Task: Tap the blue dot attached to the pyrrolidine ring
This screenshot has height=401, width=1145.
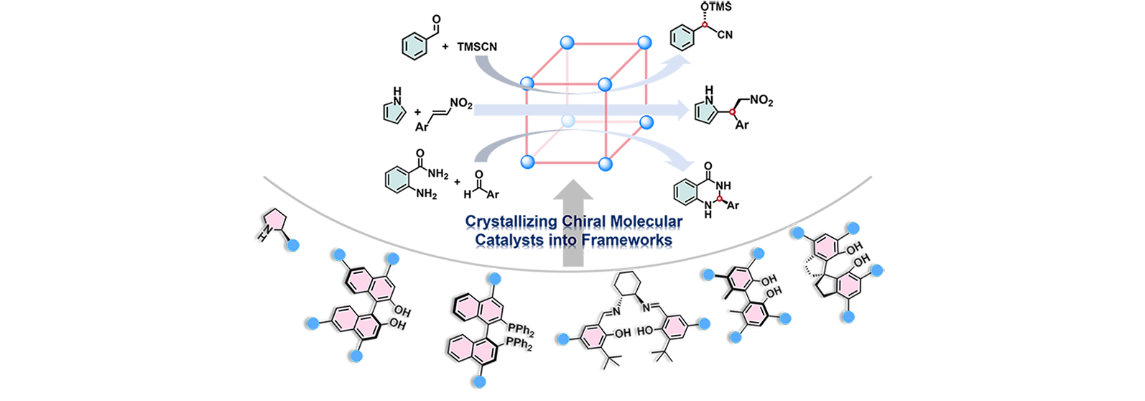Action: (x=293, y=246)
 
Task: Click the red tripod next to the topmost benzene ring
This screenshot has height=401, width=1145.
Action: (x=707, y=29)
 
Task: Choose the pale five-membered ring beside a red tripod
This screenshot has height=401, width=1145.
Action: (x=706, y=111)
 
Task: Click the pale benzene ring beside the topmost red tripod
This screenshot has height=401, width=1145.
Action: (x=682, y=37)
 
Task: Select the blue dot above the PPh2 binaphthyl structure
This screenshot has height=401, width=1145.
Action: (x=493, y=278)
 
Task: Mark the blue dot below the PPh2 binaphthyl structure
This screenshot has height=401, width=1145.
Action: (x=478, y=384)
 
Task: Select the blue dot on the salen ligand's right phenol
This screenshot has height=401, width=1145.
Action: (x=705, y=325)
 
